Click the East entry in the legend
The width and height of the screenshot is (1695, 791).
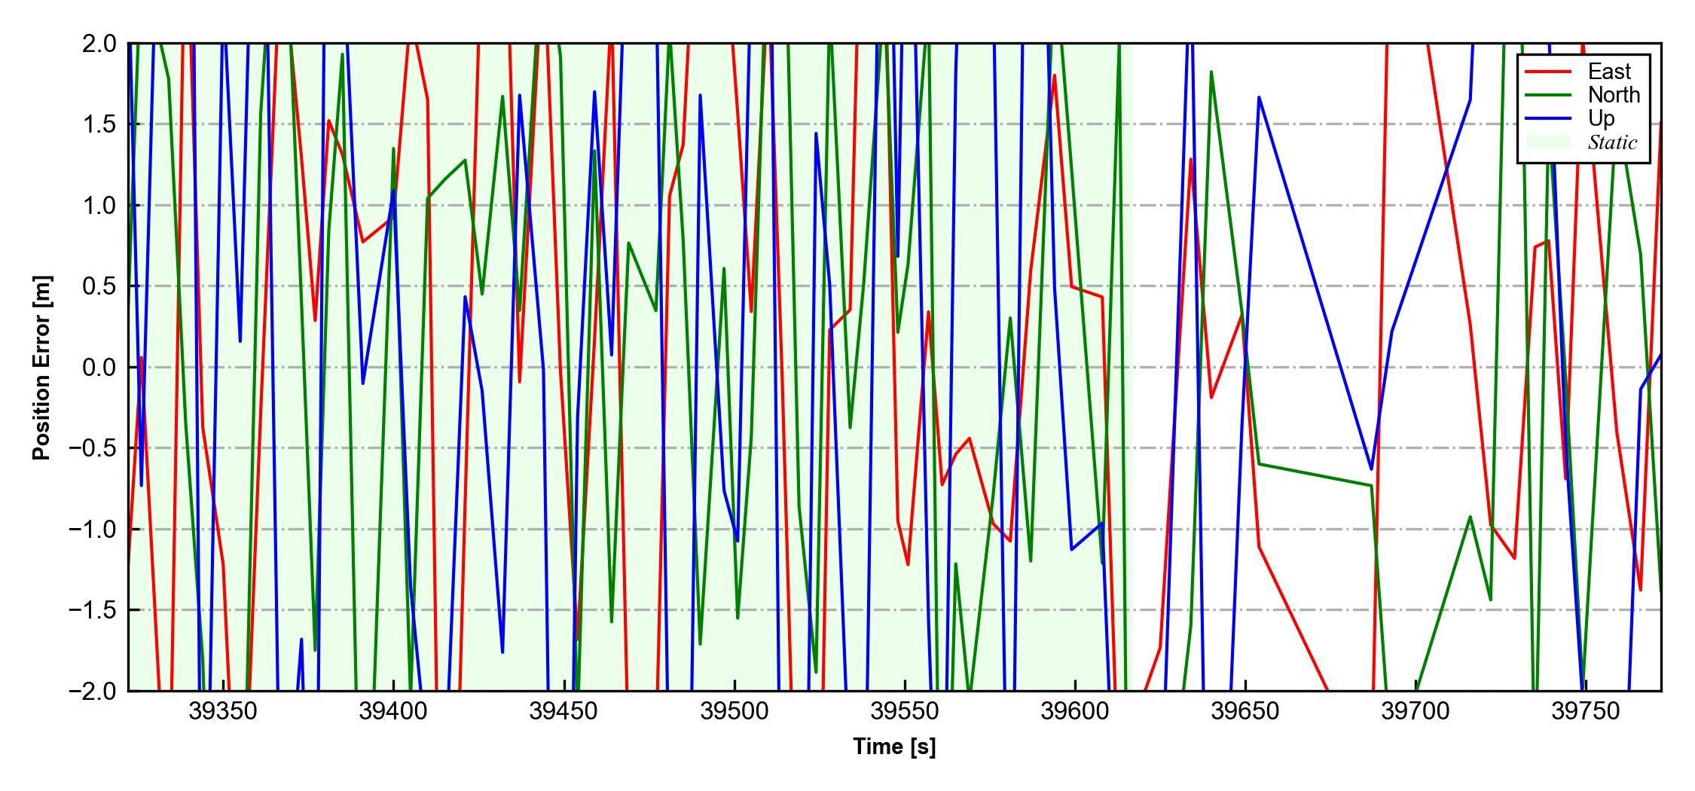[1608, 72]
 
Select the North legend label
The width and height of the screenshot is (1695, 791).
[1614, 95]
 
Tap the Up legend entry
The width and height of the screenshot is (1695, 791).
[1602, 118]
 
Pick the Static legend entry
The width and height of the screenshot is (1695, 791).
[1612, 142]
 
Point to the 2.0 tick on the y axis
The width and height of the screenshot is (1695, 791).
[99, 44]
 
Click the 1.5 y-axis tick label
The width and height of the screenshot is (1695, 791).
[99, 124]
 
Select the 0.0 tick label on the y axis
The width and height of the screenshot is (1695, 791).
[99, 368]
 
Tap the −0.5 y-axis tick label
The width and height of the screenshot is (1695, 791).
[93, 448]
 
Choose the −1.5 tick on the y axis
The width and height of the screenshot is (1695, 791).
[93, 610]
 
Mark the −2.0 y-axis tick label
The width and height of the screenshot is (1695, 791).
[93, 691]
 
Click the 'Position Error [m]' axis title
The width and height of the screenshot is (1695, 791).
[42, 368]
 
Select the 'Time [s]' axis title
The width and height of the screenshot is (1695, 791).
[894, 747]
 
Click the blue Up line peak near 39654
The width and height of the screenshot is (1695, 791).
[1259, 97]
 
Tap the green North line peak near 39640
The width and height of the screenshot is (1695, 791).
[1211, 72]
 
